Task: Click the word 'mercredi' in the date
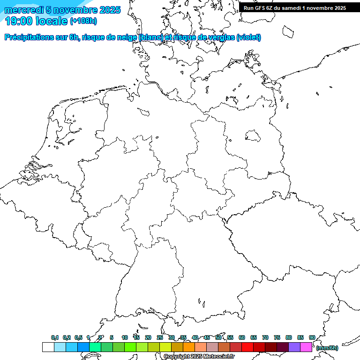(x=24, y=10)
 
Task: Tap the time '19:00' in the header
(x=19, y=21)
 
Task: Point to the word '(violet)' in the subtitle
(x=248, y=37)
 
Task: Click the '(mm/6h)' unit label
(x=327, y=348)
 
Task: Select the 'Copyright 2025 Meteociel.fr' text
(x=199, y=356)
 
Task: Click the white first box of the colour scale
(x=48, y=347)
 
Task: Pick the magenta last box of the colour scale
(x=306, y=347)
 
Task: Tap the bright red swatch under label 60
(x=247, y=347)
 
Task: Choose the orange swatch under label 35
(x=189, y=347)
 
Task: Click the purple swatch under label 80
(x=294, y=347)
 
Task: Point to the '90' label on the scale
(x=312, y=337)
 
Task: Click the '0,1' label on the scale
(x=55, y=337)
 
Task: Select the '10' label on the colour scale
(x=125, y=337)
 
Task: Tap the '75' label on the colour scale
(x=277, y=337)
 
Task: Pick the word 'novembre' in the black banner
(x=319, y=7)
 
